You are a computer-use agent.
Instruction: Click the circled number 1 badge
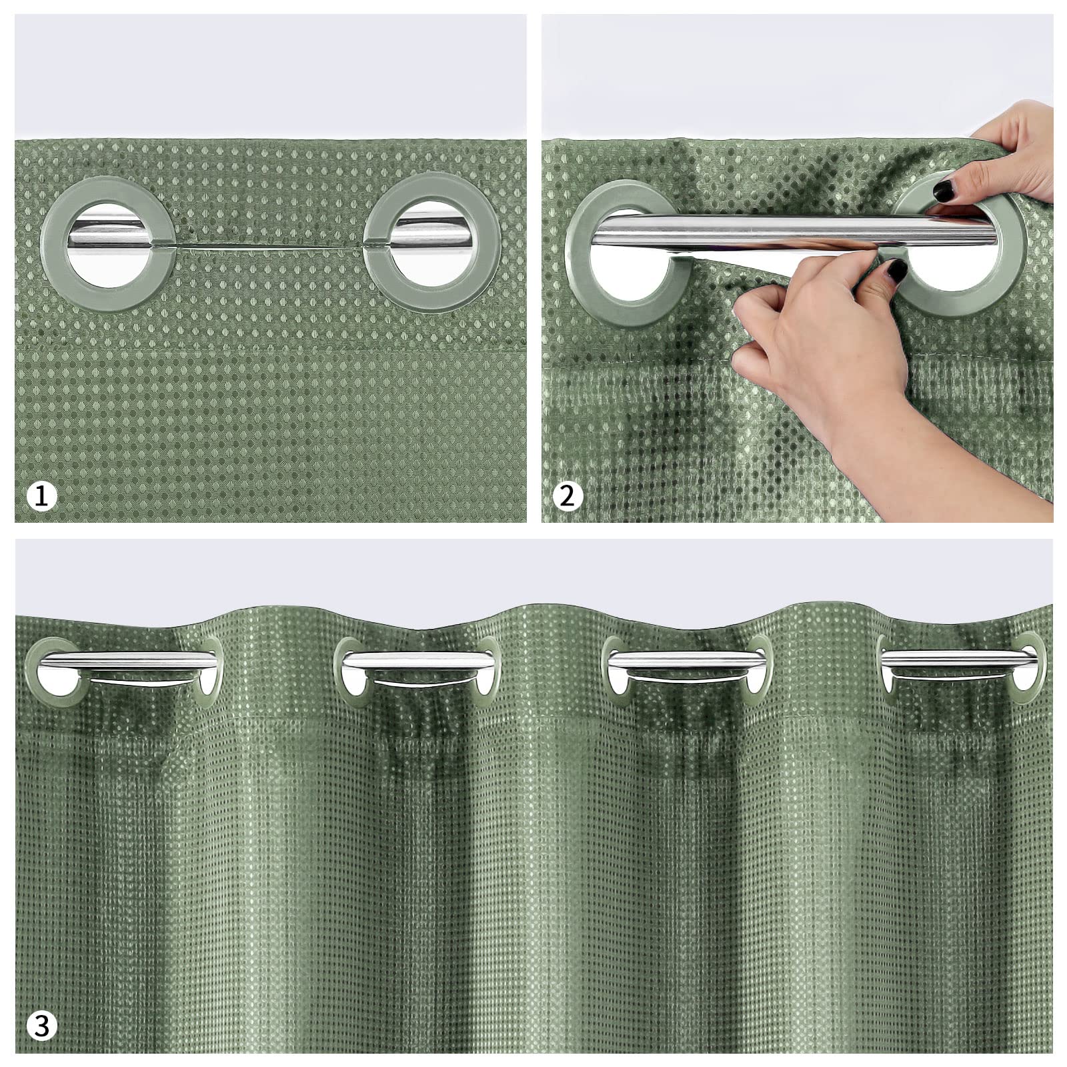[x=42, y=496]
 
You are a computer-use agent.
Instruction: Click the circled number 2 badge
[x=568, y=496]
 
